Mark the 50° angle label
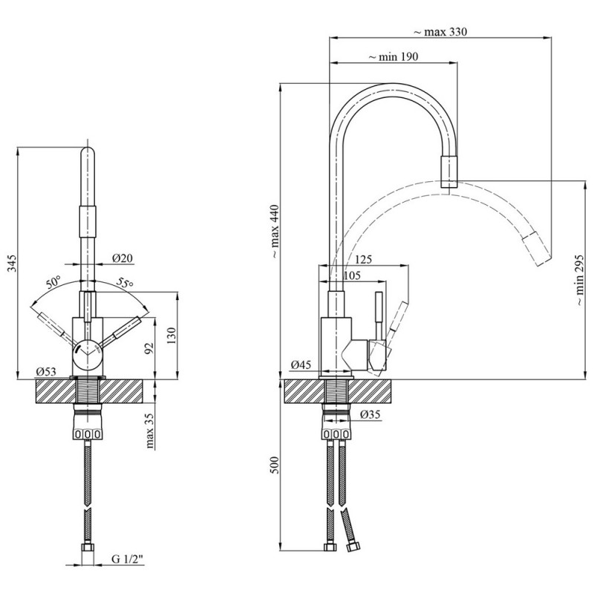click(53, 282)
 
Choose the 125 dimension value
click(364, 260)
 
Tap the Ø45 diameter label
click(301, 365)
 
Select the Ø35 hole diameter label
click(371, 414)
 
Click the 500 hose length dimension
click(275, 466)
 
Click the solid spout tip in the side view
click(449, 173)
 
